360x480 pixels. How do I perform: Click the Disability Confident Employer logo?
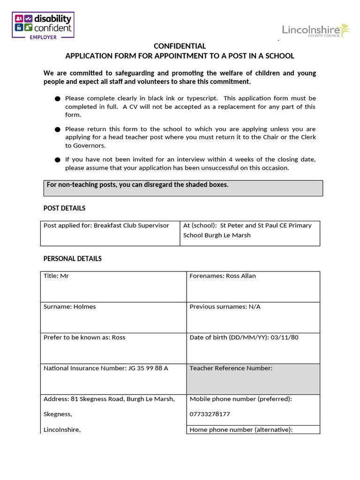pyautogui.click(x=44, y=26)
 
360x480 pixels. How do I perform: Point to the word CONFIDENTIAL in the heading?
pyautogui.click(x=180, y=46)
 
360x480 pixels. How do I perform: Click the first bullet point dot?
pyautogui.click(x=58, y=99)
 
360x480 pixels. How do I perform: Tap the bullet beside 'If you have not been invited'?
pyautogui.click(x=58, y=160)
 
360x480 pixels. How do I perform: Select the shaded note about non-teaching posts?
pyautogui.click(x=183, y=188)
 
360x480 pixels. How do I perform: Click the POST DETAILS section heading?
pyautogui.click(x=65, y=208)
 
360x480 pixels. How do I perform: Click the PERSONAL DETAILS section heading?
pyautogui.click(x=73, y=259)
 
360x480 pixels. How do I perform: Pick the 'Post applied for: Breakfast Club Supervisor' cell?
pyautogui.click(x=110, y=233)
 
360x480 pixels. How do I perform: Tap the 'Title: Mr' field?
pyautogui.click(x=113, y=286)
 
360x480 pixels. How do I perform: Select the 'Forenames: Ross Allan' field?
pyautogui.click(x=253, y=286)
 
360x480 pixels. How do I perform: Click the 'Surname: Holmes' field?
pyautogui.click(x=113, y=317)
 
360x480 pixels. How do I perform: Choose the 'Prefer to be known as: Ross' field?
pyautogui.click(x=113, y=348)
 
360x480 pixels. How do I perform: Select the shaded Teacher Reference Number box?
pyautogui.click(x=253, y=379)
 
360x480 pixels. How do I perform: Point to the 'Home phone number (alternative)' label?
pyautogui.click(x=241, y=430)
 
